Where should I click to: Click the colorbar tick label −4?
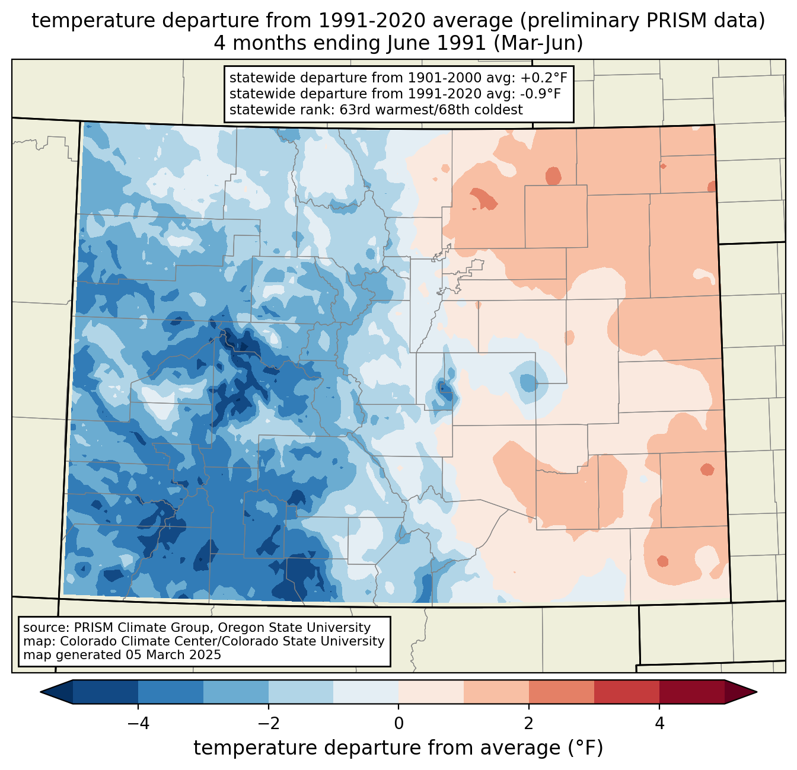coord(138,723)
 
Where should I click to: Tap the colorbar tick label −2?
coord(268,723)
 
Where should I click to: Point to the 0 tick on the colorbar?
coord(398,723)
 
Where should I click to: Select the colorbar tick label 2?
coord(529,723)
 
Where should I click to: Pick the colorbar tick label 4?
coord(659,723)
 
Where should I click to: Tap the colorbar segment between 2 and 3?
coord(561,692)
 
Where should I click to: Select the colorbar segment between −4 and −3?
coord(171,692)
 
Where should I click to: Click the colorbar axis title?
coord(398,748)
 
